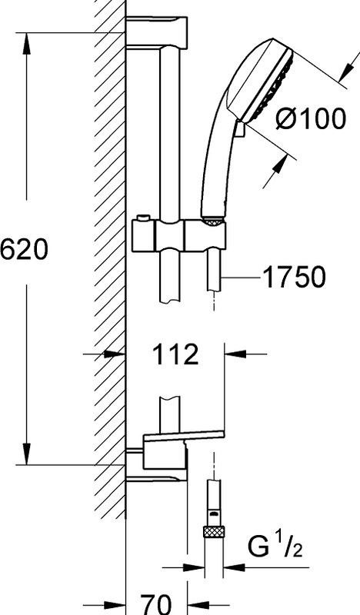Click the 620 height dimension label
25,251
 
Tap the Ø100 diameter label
312,119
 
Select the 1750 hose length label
294,277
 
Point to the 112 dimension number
175,354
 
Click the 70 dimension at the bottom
156,604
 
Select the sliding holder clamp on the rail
179,236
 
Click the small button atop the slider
144,218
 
